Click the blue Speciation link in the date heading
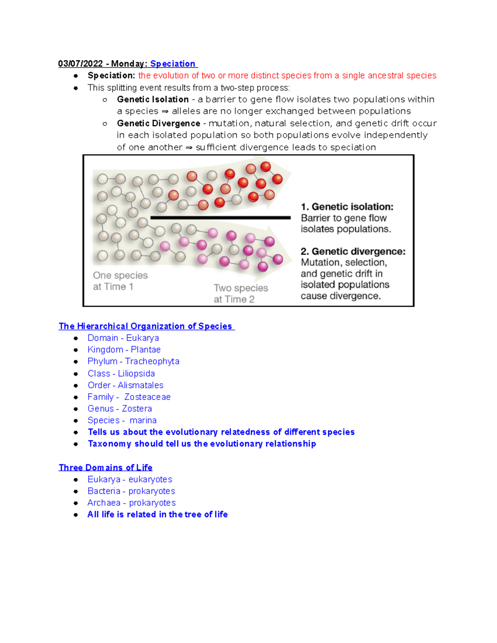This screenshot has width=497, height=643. pos(173,64)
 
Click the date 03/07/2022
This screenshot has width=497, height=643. pos(80,64)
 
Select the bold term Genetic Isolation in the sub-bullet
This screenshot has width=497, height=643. pos(153,99)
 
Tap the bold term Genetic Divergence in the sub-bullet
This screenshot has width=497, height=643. pos(158,123)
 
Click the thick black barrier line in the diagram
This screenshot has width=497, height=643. pos(220,217)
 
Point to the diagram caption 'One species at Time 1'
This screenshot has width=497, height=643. pos(120,281)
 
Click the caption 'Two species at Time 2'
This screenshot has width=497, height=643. pos(241,294)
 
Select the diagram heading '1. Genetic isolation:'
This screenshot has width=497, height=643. pos(347,207)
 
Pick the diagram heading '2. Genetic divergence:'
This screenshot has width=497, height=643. pos(353,251)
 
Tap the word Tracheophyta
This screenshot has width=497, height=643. pos(152,361)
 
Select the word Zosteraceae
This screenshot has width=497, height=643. pos(147,397)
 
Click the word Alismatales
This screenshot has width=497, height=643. pos(140,385)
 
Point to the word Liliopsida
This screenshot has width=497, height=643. pos(136,373)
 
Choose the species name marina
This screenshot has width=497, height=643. pos(143,420)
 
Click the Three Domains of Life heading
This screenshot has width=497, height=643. pos(106,467)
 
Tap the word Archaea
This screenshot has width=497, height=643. pos(104,503)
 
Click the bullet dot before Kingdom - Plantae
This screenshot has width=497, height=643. pos(76,350)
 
